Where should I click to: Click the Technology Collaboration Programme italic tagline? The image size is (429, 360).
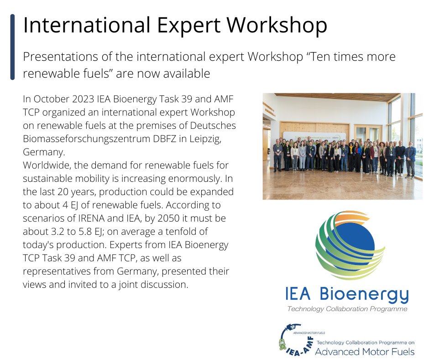[347, 309]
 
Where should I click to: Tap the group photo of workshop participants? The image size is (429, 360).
[342, 155]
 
